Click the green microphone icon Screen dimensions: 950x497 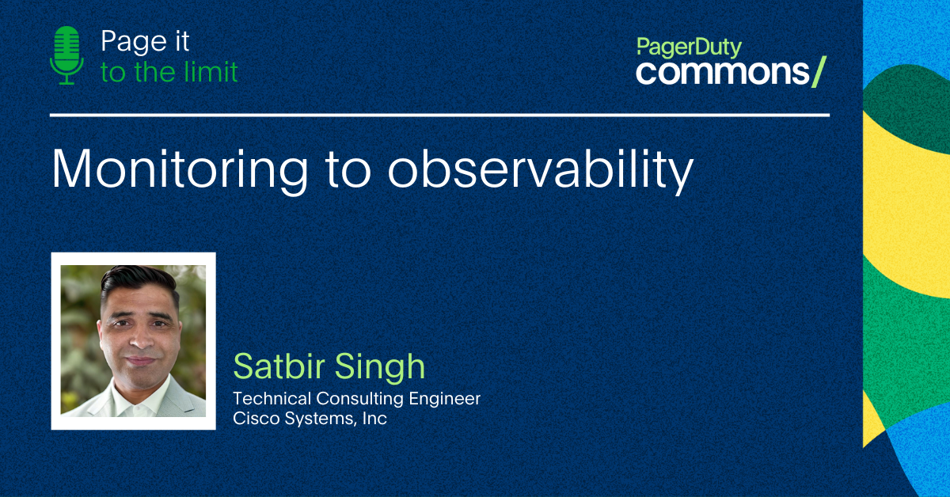[66, 55]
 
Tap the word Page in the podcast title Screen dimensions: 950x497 [134, 42]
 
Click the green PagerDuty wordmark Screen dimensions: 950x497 [689, 47]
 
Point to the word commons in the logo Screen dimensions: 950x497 [723, 72]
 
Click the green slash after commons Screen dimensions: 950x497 [819, 72]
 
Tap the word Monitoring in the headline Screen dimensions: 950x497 [180, 169]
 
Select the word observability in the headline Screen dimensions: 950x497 [540, 169]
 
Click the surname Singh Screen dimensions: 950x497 [379, 367]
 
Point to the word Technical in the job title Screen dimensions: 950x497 [272, 399]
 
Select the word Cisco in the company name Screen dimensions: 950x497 [256, 419]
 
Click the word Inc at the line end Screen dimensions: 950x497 [374, 419]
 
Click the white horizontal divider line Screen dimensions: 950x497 [439, 115]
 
